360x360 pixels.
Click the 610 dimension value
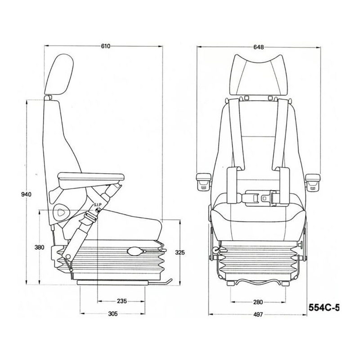(x=106, y=46)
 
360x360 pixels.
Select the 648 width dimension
(x=258, y=47)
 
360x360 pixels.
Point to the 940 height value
(x=26, y=194)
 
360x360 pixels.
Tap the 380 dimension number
(x=40, y=247)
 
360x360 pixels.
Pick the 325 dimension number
(x=180, y=252)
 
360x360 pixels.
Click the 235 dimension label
(x=121, y=301)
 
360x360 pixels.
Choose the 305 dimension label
(x=113, y=314)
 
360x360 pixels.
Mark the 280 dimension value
(x=258, y=302)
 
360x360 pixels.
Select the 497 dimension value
(x=258, y=315)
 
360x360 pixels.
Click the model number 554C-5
(x=324, y=307)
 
